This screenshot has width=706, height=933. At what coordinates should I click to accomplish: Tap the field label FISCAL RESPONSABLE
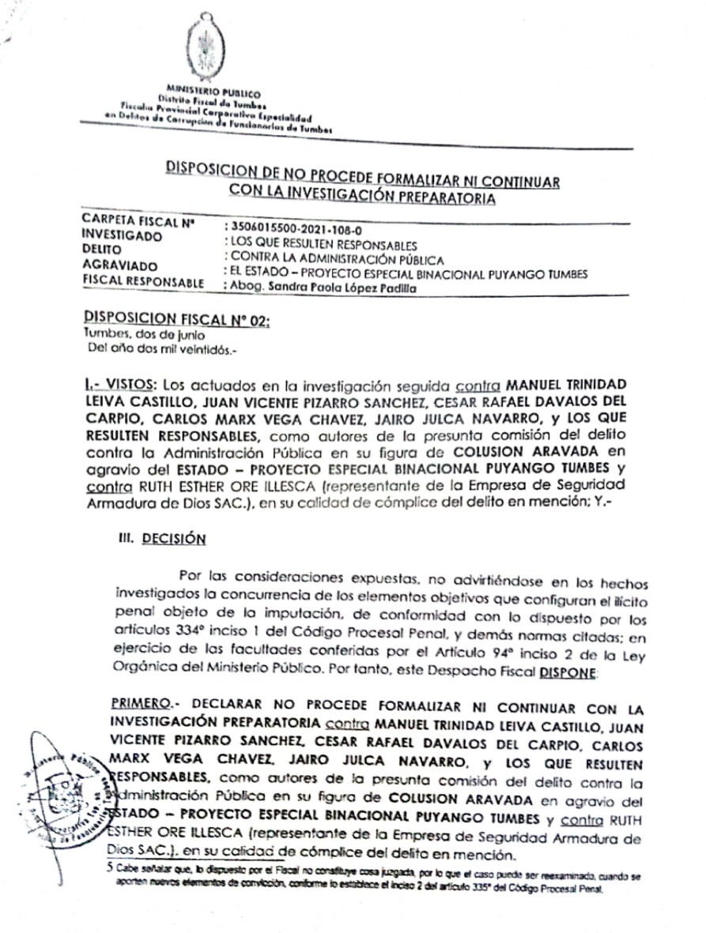point(143,282)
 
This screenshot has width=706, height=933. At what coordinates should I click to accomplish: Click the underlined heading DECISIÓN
point(174,539)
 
